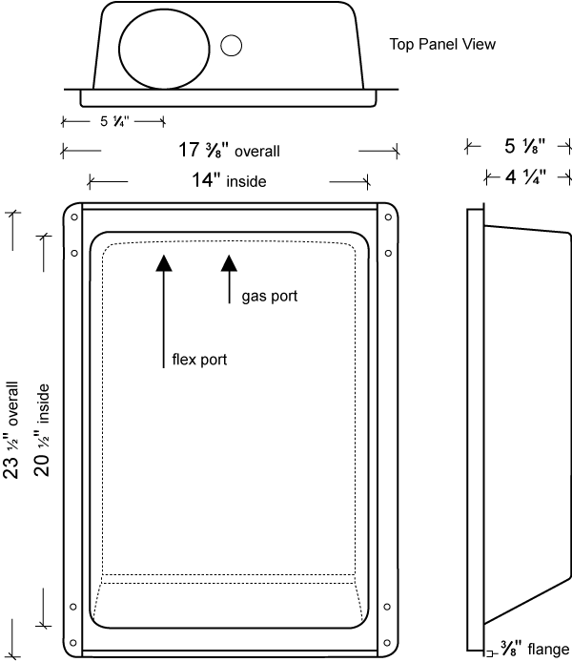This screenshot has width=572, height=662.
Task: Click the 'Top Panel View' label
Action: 442,44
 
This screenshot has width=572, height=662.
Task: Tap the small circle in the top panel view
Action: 230,44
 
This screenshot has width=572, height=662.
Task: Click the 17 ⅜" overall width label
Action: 230,150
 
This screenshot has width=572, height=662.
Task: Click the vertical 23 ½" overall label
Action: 11,428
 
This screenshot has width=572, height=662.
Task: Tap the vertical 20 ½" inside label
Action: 43,428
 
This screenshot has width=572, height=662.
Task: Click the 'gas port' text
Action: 269,297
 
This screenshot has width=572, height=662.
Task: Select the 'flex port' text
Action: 199,360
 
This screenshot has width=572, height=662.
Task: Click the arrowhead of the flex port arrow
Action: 164,264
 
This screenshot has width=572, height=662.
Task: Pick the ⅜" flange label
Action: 535,650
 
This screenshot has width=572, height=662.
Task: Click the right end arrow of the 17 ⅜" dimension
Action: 395,150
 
